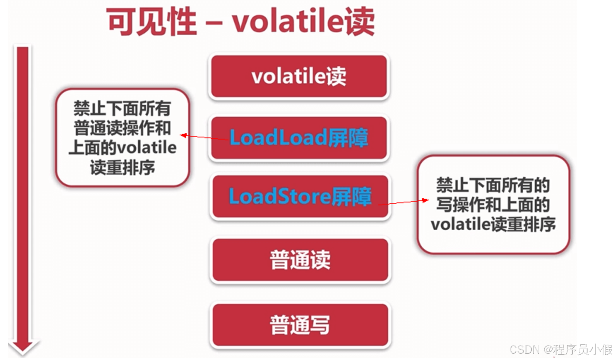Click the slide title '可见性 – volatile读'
pyautogui.click(x=240, y=22)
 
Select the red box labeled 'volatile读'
pyautogui.click(x=299, y=76)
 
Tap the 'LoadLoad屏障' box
pyautogui.click(x=299, y=137)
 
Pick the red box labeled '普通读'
pyautogui.click(x=300, y=260)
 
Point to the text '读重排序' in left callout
pyautogui.click(x=122, y=167)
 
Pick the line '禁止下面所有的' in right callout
pyautogui.click(x=493, y=185)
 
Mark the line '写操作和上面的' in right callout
pyautogui.click(x=493, y=205)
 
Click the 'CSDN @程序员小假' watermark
pyautogui.click(x=561, y=350)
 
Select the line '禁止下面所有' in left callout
pyautogui.click(x=122, y=108)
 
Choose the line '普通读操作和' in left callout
pyautogui.click(x=122, y=128)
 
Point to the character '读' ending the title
pyautogui.click(x=359, y=22)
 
